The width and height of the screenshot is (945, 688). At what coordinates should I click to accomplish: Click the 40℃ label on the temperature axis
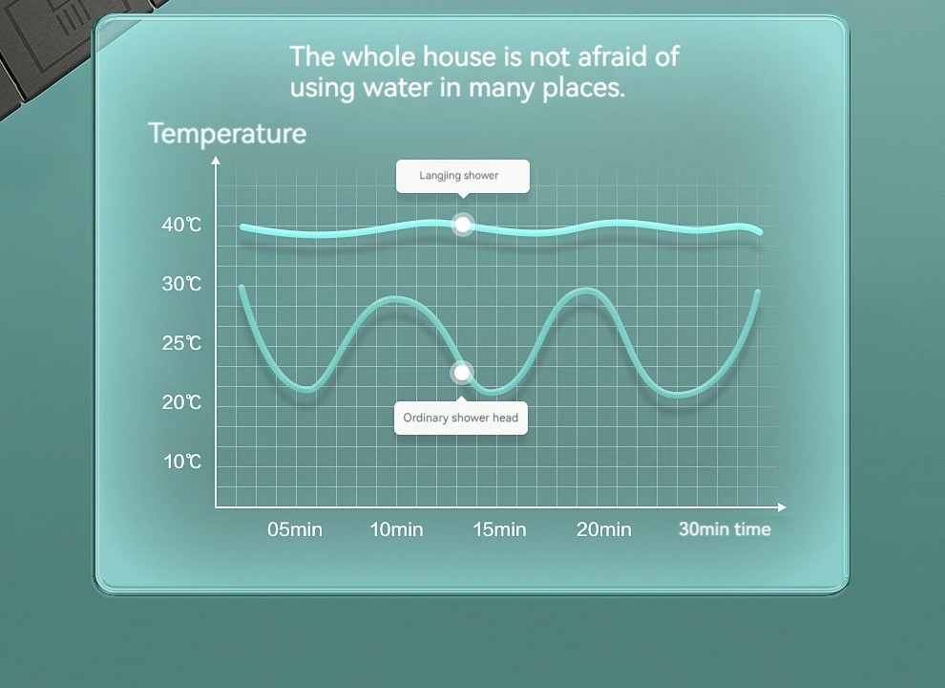pyautogui.click(x=181, y=226)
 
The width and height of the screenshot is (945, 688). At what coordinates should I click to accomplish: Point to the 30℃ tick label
pyautogui.click(x=181, y=284)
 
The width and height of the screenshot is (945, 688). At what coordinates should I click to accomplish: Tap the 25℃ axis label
pyautogui.click(x=181, y=343)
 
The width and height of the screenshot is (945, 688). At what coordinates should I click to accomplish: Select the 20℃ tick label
pyautogui.click(x=181, y=402)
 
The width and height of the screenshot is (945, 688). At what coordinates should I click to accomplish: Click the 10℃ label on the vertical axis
pyautogui.click(x=182, y=462)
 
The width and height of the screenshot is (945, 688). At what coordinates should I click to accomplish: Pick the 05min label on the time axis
pyautogui.click(x=295, y=529)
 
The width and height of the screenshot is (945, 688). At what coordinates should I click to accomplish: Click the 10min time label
pyautogui.click(x=396, y=529)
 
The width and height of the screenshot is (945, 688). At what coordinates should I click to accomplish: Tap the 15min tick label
pyautogui.click(x=499, y=529)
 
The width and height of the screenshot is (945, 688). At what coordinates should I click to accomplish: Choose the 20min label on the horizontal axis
pyautogui.click(x=604, y=529)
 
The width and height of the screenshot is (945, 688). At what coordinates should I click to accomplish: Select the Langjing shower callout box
pyautogui.click(x=463, y=176)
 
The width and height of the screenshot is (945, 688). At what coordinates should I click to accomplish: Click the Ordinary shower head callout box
pyautogui.click(x=461, y=418)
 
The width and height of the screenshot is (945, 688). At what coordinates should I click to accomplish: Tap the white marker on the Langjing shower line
pyautogui.click(x=463, y=225)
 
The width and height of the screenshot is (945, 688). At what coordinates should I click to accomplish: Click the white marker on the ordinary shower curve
pyautogui.click(x=462, y=373)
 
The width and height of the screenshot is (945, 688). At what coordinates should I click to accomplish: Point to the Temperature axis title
pyautogui.click(x=227, y=134)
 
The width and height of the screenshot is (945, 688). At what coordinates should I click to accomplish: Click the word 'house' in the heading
pyautogui.click(x=459, y=56)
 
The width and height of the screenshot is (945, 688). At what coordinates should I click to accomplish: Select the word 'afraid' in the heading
pyautogui.click(x=612, y=56)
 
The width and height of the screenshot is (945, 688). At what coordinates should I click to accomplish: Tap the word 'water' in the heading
pyautogui.click(x=398, y=88)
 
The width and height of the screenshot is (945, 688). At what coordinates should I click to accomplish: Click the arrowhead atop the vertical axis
pyautogui.click(x=216, y=160)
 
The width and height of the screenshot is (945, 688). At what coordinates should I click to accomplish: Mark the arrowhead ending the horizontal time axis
pyautogui.click(x=783, y=507)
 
